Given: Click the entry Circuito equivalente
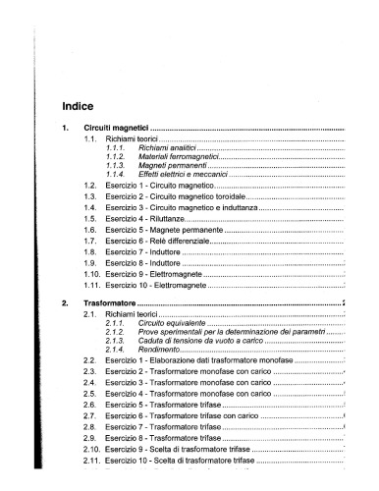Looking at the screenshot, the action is (172, 322).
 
